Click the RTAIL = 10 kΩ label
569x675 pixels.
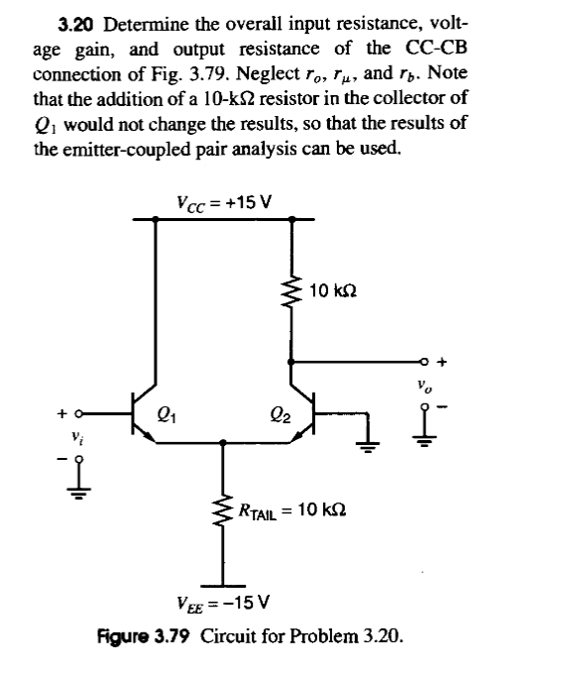[289, 509]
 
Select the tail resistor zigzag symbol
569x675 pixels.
[221, 509]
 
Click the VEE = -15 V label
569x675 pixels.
[215, 602]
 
